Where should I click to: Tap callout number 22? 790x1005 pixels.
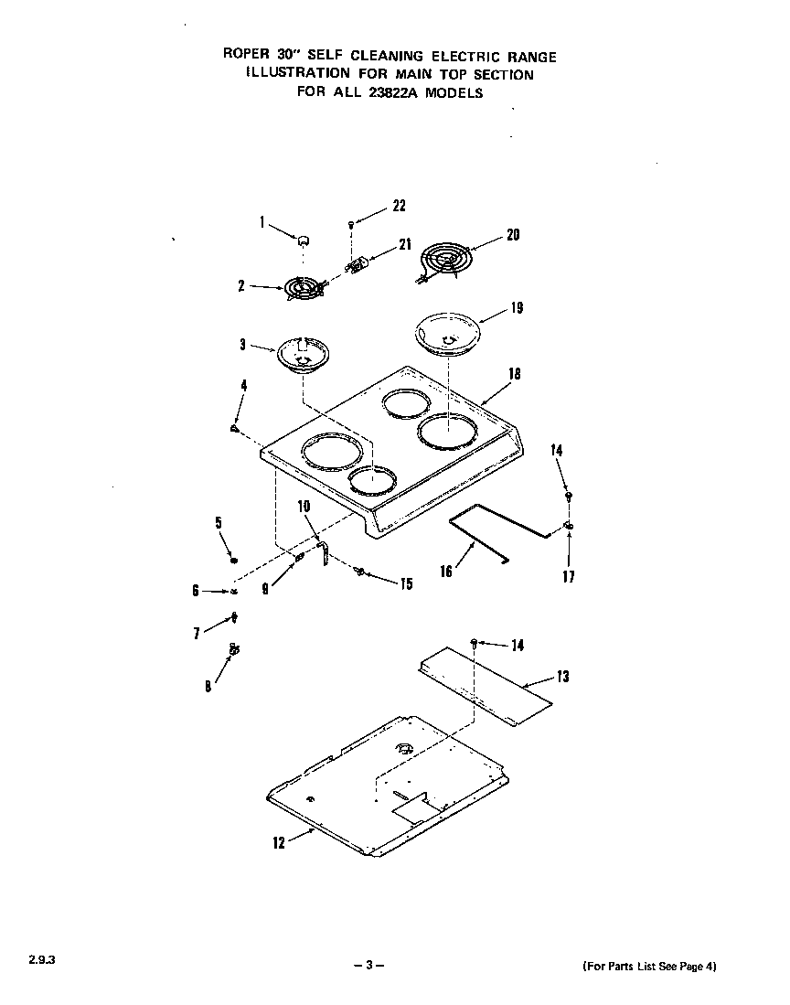[399, 206]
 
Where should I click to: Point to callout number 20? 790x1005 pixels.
[513, 235]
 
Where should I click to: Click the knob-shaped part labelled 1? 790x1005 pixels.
[302, 239]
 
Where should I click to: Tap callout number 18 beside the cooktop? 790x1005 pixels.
[515, 374]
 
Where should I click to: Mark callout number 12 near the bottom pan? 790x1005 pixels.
[280, 842]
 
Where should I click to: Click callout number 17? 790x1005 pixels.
[568, 577]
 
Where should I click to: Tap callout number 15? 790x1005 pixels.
[406, 583]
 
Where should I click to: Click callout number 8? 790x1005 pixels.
[208, 687]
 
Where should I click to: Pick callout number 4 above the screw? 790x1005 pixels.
[243, 386]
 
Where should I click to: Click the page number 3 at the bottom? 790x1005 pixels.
[368, 966]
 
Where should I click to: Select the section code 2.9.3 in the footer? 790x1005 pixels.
[28, 961]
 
